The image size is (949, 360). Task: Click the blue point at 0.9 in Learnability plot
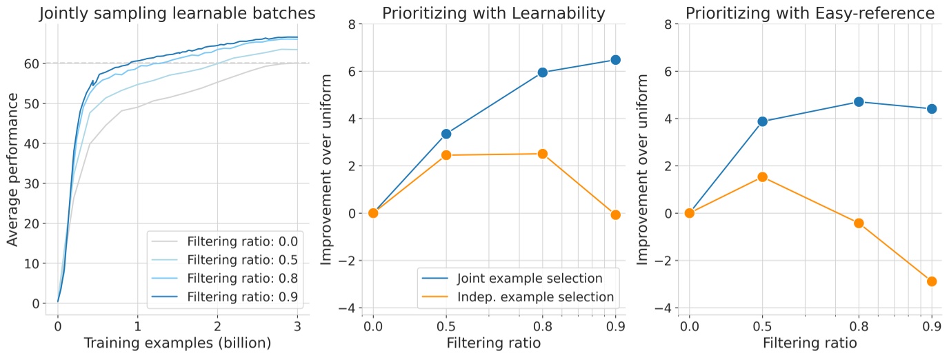click(615, 60)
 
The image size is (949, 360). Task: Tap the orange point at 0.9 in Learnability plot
click(615, 214)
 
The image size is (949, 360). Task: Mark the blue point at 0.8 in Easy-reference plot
click(859, 101)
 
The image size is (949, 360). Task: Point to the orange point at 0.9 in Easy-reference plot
click(932, 281)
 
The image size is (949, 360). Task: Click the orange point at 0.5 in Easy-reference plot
click(762, 177)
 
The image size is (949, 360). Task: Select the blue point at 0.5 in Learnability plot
click(446, 134)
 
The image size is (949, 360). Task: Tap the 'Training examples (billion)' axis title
click(177, 343)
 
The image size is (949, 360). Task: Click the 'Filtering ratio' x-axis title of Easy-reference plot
click(810, 343)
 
